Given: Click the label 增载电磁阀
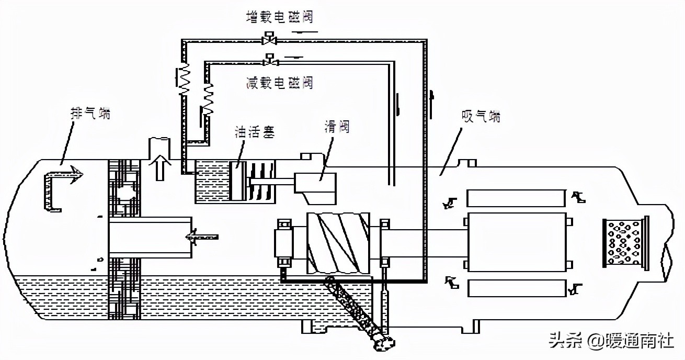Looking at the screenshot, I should tap(279, 17).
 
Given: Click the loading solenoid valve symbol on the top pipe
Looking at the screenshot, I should tap(270, 38).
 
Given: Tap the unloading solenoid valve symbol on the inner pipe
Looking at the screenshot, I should tap(270, 60).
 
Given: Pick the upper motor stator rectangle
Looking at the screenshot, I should tap(516, 198).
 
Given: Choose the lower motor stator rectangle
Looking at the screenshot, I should tap(516, 288).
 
